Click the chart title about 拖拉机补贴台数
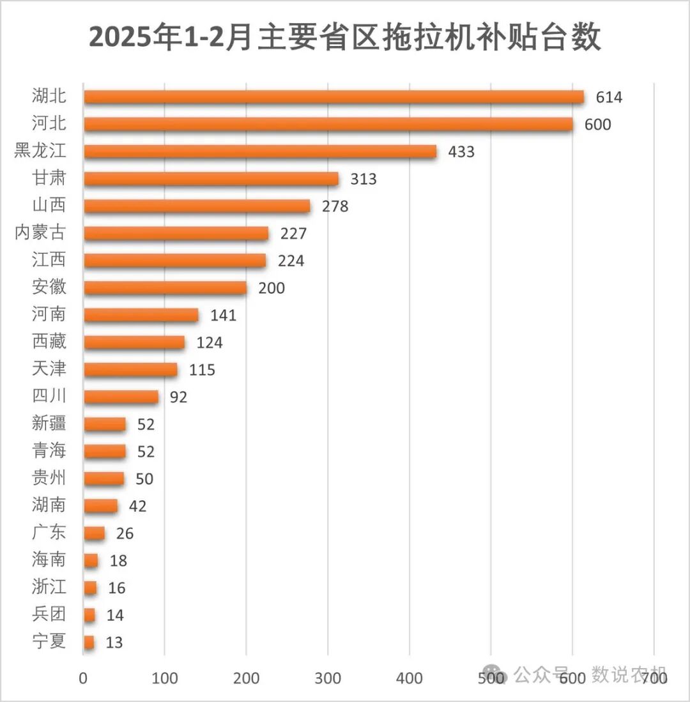(345, 38)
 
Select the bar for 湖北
(333, 97)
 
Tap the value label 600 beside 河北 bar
(597, 125)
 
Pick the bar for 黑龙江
(260, 151)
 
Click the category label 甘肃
(49, 178)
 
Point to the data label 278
(335, 206)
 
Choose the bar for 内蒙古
(176, 233)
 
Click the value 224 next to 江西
(291, 261)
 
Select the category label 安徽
(49, 287)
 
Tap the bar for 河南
(141, 315)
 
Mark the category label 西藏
(49, 342)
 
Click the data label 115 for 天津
(202, 370)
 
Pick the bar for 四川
(121, 397)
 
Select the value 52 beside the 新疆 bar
(146, 424)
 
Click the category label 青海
(49, 451)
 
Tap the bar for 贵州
(103, 478)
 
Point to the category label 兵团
(49, 614)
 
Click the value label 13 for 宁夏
(114, 643)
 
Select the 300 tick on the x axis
(328, 678)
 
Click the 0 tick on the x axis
(84, 678)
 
